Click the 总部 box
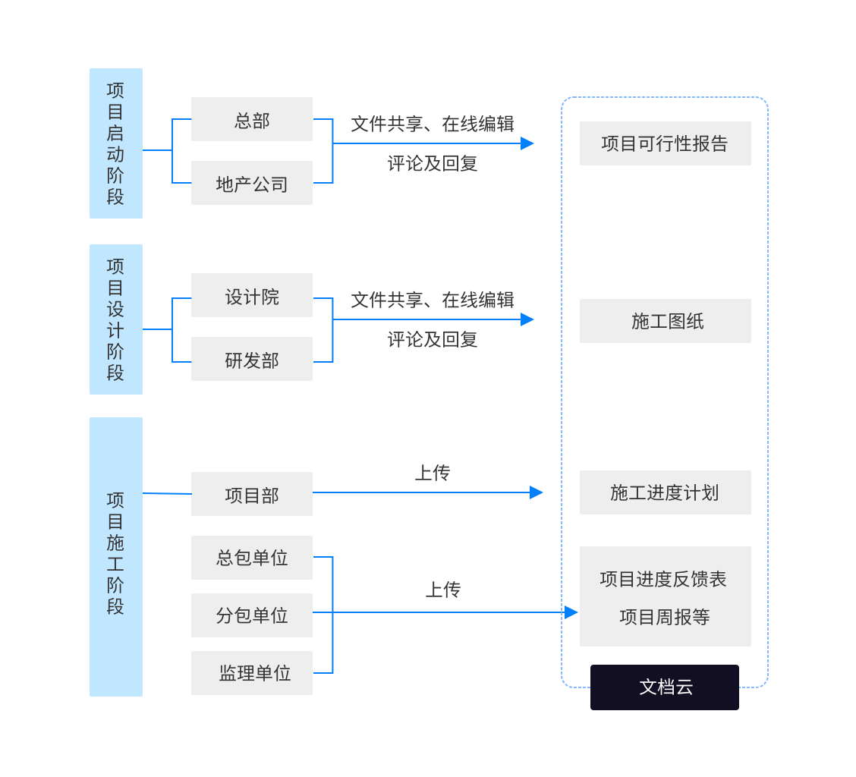pos(251,120)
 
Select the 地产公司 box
pos(251,184)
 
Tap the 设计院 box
pos(251,296)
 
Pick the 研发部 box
pos(251,360)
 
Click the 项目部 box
pos(251,495)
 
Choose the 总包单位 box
pos(251,558)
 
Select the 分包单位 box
pos(251,615)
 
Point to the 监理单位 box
pos(251,673)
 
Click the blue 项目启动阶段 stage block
pos(116,143)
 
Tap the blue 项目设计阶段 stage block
pos(116,319)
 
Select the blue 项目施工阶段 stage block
pos(116,556)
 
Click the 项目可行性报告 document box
pos(665,143)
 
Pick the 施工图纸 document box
pos(665,321)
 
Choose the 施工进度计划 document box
pos(665,492)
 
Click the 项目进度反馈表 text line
pos(663,579)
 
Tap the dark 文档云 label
pos(665,687)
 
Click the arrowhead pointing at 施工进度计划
pos(537,492)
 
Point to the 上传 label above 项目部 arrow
pos(433,473)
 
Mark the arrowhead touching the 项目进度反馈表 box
pos(571,612)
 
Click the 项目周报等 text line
pos(665,617)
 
